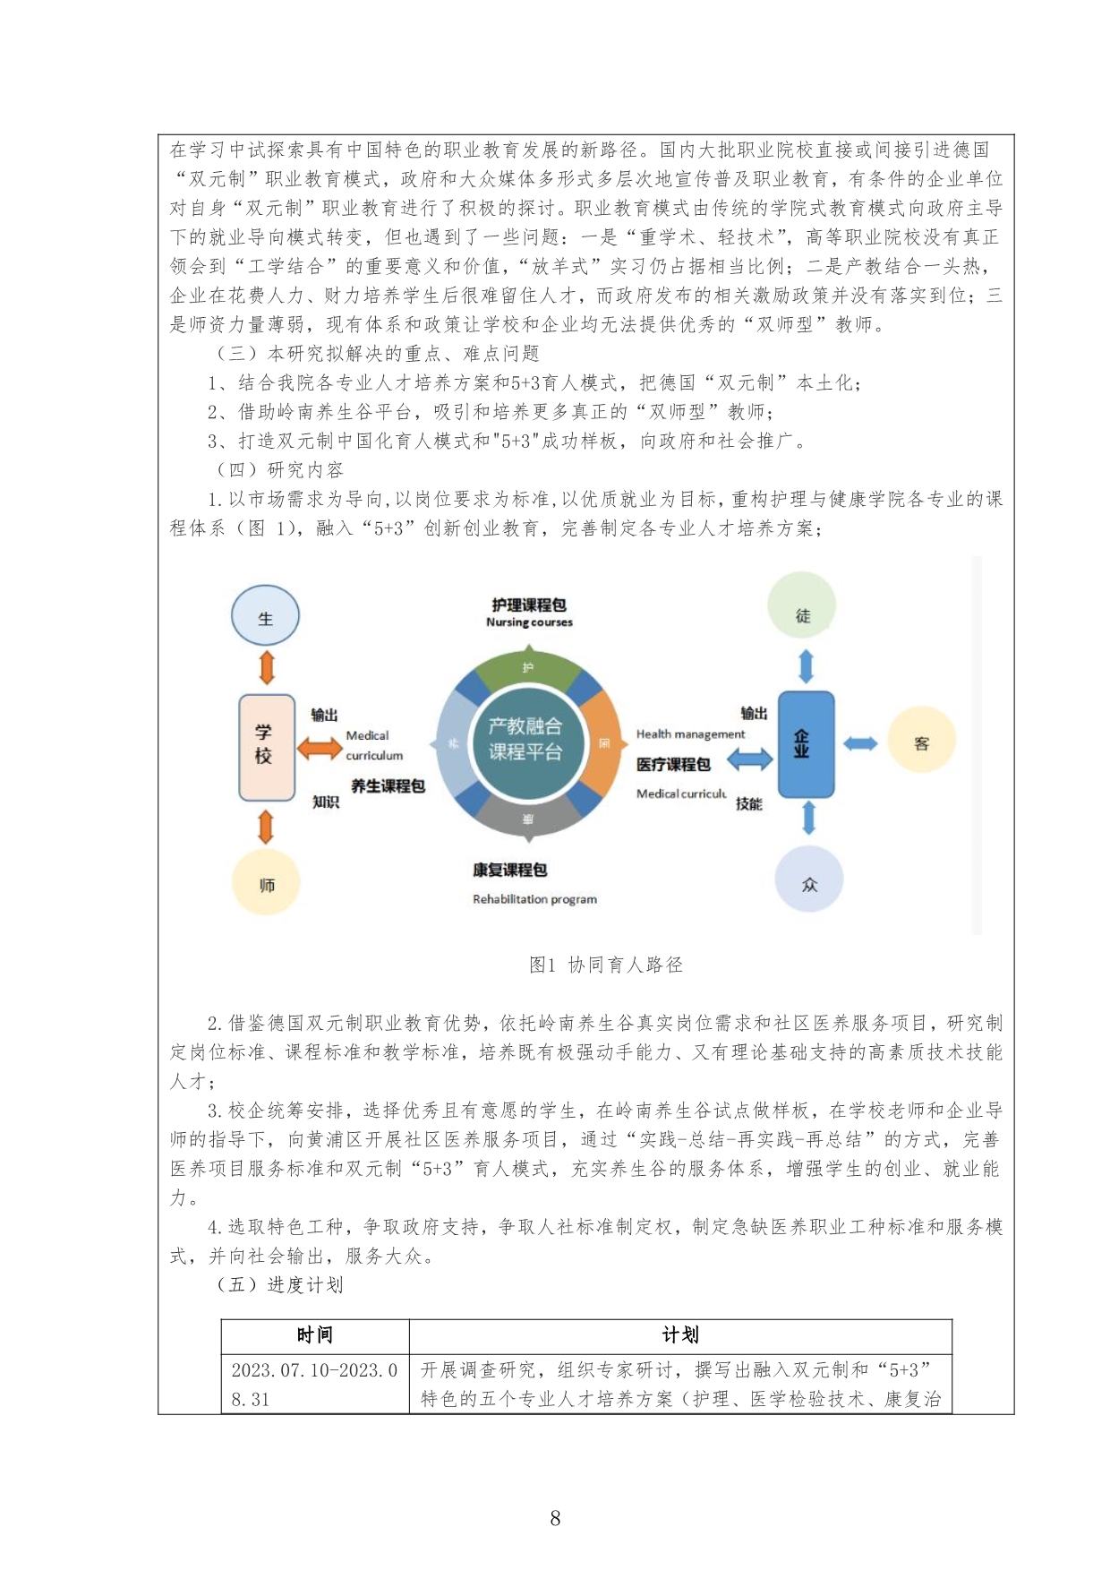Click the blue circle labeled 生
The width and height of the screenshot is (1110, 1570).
point(265,616)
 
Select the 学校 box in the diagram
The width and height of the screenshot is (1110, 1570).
point(266,746)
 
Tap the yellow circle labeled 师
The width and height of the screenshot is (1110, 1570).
point(265,884)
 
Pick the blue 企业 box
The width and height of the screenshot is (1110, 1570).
point(805,743)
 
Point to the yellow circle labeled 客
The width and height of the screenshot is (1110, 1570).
point(921,742)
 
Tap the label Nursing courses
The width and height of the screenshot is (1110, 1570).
point(529,622)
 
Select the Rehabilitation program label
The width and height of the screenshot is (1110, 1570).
point(534,899)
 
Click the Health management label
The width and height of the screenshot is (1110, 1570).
point(690,734)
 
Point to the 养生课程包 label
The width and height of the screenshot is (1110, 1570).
point(387,785)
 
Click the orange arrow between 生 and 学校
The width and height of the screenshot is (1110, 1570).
point(266,667)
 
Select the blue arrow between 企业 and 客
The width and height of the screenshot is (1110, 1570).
point(860,742)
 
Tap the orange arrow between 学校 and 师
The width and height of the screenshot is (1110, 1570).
point(266,827)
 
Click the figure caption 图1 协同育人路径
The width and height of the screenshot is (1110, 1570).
point(605,965)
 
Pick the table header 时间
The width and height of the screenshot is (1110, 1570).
point(314,1334)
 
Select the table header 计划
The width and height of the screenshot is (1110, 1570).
point(679,1334)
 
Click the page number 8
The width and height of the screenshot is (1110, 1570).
point(555,1518)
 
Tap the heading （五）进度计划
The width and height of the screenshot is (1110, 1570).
point(278,1284)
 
